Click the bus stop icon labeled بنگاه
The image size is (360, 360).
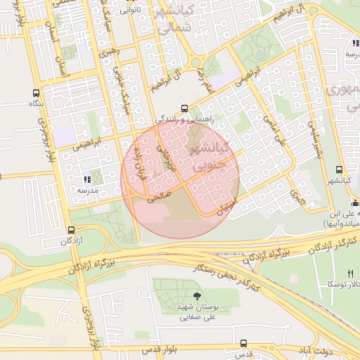[36, 93]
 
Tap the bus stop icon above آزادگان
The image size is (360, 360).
[71, 230]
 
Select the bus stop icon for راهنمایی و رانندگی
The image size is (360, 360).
[184, 108]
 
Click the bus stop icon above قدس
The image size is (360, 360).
[243, 344]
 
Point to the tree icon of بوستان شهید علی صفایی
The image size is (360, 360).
[195, 295]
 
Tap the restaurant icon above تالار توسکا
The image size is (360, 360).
[350, 273]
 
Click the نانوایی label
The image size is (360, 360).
[130, 11]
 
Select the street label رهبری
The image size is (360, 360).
[110, 51]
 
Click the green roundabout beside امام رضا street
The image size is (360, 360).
[211, 67]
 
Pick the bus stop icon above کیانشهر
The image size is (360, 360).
[339, 170]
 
